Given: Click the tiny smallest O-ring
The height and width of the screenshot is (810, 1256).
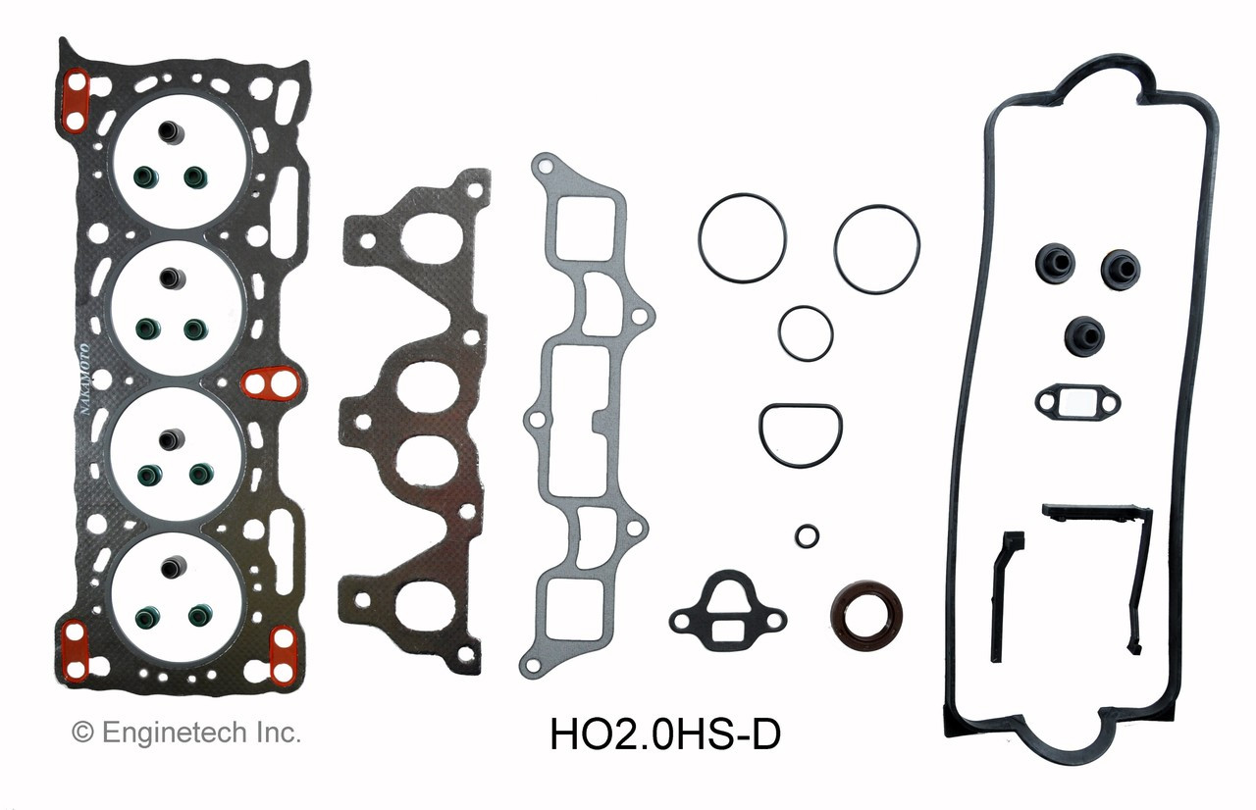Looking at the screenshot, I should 808,534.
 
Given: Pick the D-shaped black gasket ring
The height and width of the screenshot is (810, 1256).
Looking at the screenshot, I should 800,433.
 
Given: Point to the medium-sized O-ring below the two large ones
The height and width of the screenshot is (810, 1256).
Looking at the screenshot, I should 806,332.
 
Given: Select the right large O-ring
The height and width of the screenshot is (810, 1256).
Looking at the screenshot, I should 876,248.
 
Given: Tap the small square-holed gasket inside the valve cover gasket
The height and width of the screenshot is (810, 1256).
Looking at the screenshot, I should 1076,400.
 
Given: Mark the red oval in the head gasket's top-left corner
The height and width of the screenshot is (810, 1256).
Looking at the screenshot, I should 76,101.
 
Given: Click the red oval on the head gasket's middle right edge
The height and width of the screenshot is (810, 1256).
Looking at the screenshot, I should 269,385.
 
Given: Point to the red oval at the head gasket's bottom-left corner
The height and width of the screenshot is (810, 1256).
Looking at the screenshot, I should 75,649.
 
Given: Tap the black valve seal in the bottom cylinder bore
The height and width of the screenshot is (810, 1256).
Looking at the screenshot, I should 173,568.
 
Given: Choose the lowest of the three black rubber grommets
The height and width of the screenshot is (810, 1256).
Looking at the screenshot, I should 1084,336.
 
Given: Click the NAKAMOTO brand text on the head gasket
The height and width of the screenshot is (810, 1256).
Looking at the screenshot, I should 84,383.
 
